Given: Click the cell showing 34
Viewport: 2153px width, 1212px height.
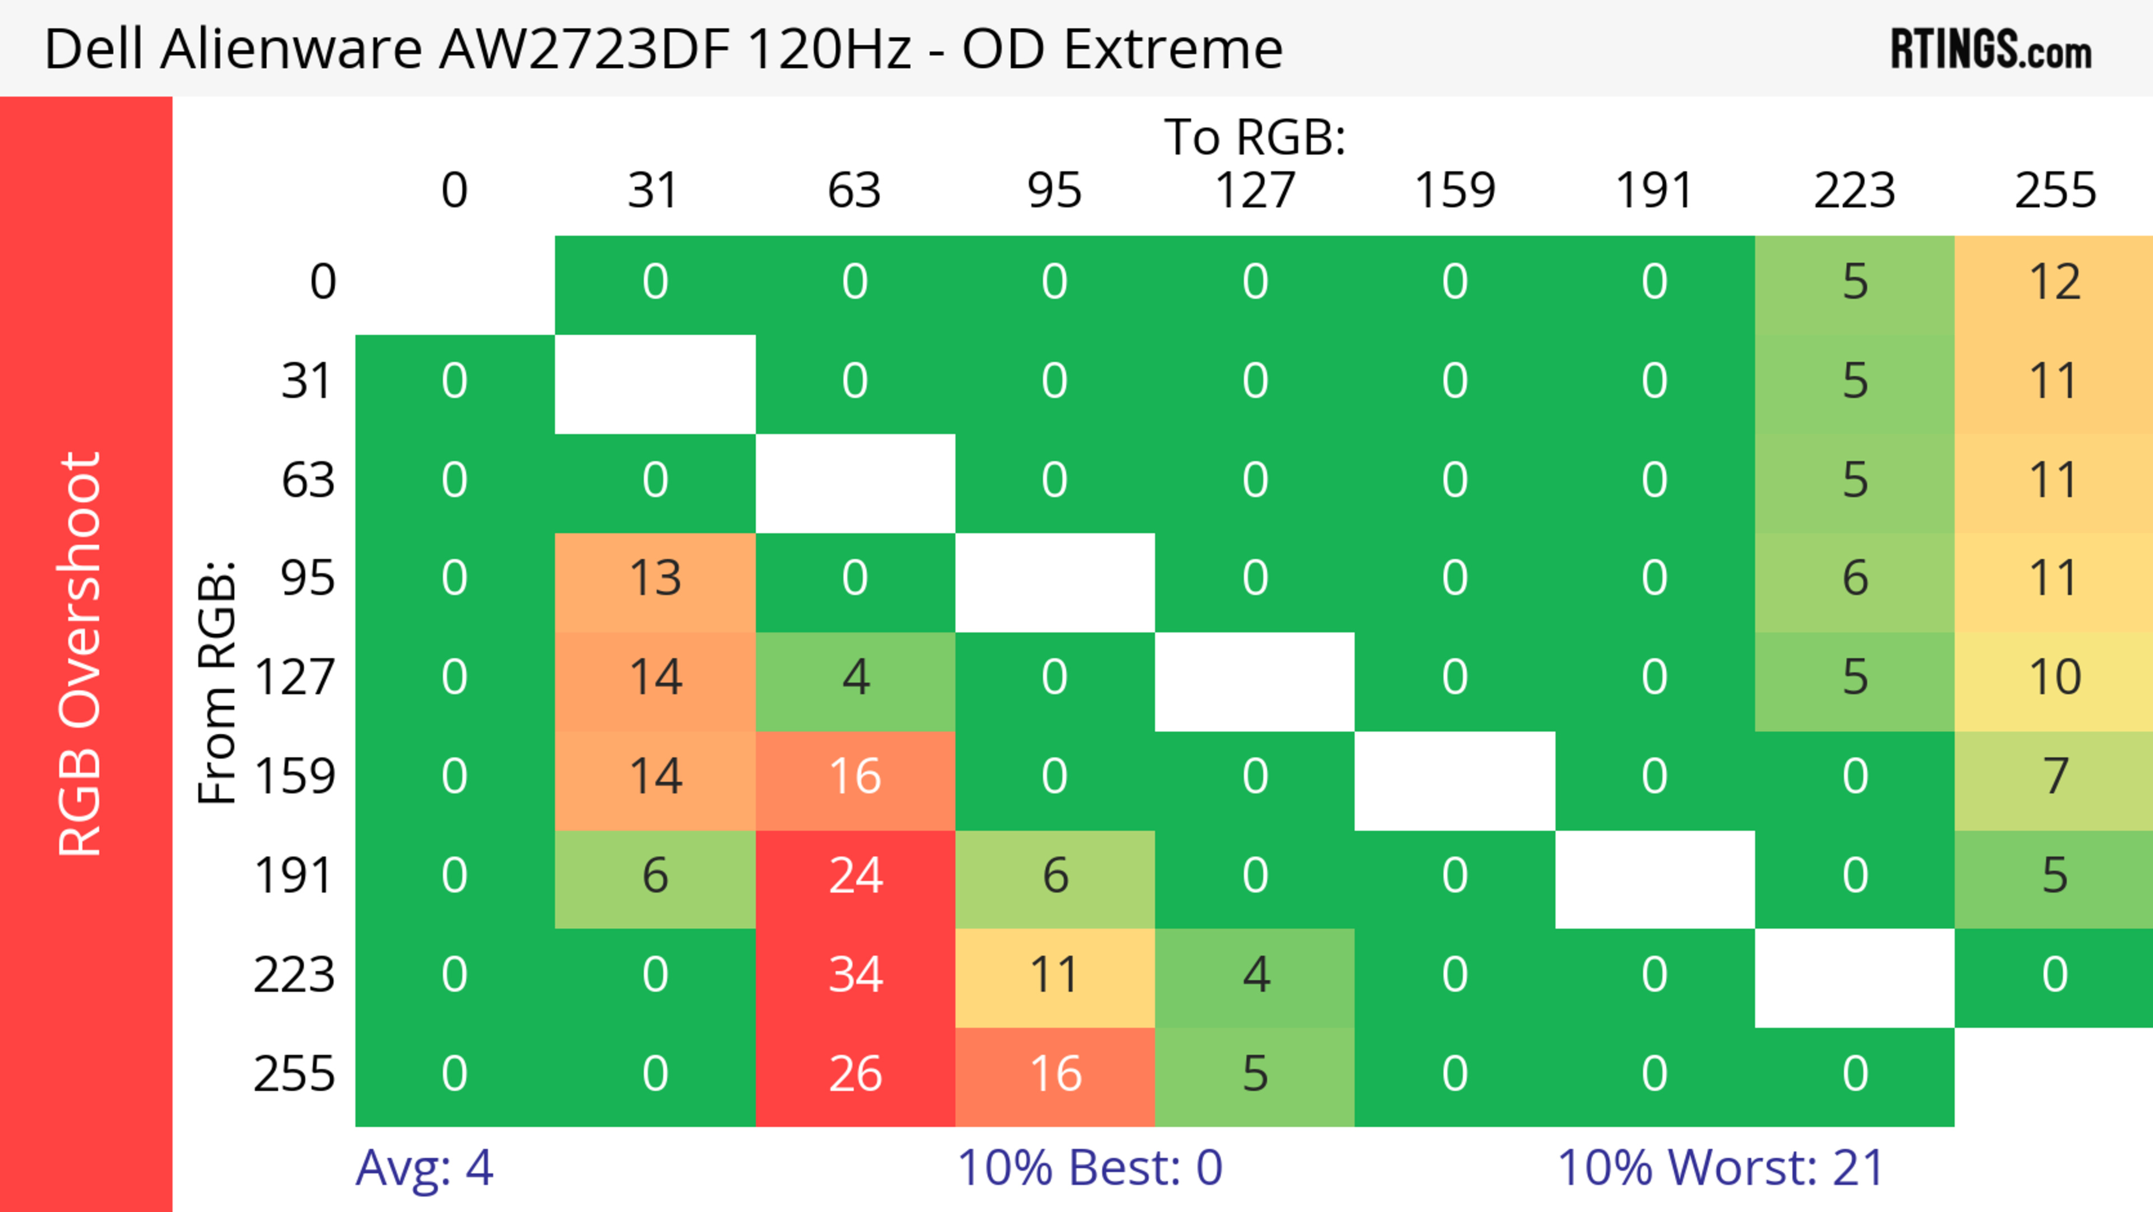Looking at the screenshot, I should tap(855, 975).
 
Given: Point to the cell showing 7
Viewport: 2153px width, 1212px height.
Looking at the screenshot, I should tap(2054, 777).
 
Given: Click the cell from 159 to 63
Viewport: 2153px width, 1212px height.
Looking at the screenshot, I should tap(855, 777).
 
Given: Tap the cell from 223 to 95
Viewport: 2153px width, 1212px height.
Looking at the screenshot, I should tap(1055, 975).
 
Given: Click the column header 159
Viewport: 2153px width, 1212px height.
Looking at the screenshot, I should tap(1454, 191).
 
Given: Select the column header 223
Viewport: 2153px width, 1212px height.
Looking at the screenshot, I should tap(1855, 191).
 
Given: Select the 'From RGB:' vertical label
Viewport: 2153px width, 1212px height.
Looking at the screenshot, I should tap(218, 681).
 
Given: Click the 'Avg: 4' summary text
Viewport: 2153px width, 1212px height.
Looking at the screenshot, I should tap(424, 1168).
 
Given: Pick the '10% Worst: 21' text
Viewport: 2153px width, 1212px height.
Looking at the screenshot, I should tap(1720, 1168).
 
